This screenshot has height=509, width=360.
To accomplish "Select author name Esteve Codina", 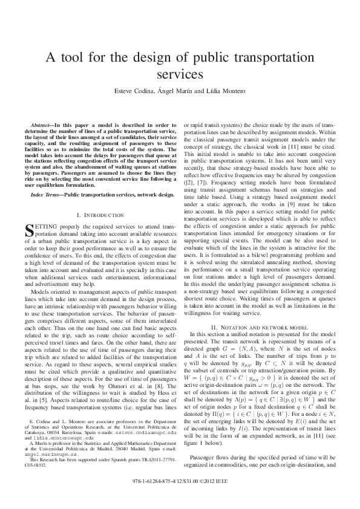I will (x=134, y=91).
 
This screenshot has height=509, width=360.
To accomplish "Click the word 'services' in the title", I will (x=180, y=75).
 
